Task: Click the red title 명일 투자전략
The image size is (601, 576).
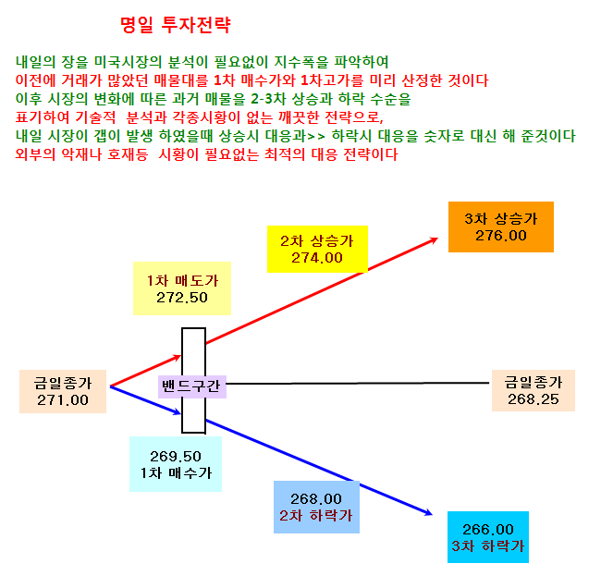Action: [x=175, y=25]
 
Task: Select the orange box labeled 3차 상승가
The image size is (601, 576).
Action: [x=501, y=227]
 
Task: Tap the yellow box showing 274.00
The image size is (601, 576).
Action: [x=317, y=249]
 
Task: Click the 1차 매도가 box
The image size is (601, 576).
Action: [x=182, y=288]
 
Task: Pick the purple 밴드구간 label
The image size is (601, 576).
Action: [x=192, y=386]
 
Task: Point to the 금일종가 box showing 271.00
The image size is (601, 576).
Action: [x=63, y=391]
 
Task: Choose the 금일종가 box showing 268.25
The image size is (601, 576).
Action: [x=534, y=390]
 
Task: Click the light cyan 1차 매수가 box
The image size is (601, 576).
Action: [x=176, y=464]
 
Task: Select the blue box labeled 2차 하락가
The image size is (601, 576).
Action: [x=316, y=507]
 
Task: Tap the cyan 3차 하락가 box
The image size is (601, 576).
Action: [x=488, y=537]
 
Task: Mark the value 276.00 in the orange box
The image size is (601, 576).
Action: [x=501, y=236]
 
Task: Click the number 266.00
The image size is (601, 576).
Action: [x=488, y=530]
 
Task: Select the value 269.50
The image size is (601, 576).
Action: [x=176, y=457]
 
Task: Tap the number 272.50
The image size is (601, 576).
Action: [x=182, y=298]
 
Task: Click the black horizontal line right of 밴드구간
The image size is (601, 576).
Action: [x=358, y=384]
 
